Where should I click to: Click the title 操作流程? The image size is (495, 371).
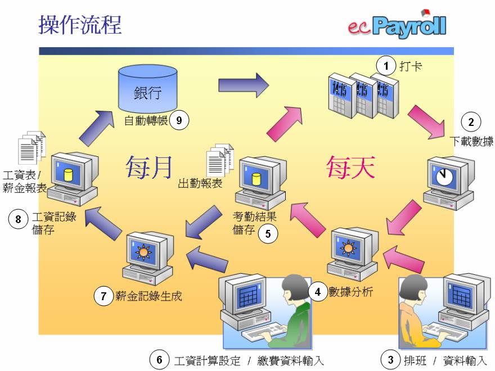click(80, 25)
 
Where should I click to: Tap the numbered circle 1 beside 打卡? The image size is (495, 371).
click(386, 66)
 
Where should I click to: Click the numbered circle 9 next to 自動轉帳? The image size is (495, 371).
click(179, 120)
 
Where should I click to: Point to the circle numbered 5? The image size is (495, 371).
click(268, 233)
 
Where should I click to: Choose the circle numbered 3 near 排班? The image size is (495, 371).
click(390, 359)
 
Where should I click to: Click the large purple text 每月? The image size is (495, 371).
click(148, 167)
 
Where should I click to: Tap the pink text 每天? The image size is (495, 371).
click(350, 167)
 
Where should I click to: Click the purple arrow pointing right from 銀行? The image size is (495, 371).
click(244, 85)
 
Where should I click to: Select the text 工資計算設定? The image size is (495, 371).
click(208, 360)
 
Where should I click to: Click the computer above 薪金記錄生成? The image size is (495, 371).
click(147, 256)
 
